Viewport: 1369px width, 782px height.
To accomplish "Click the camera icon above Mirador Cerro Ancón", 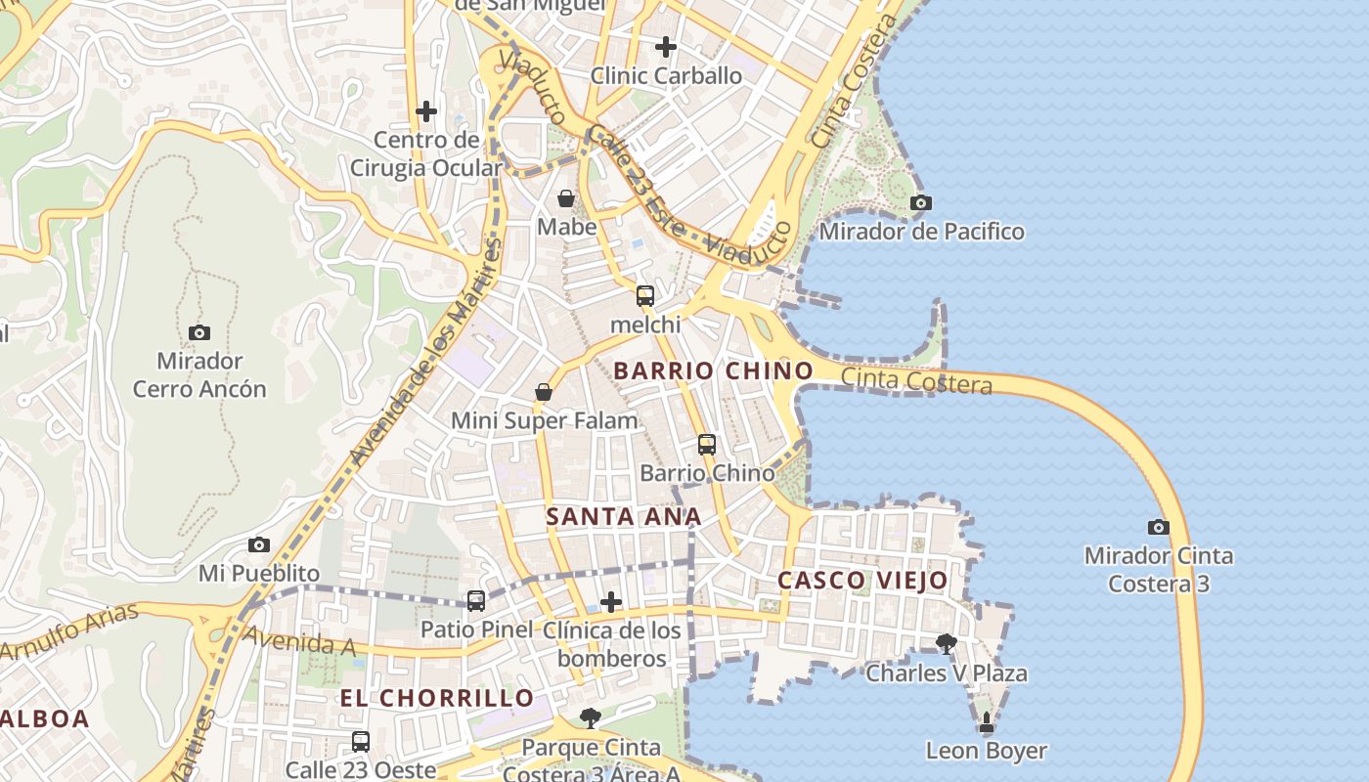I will pyautogui.click(x=199, y=333).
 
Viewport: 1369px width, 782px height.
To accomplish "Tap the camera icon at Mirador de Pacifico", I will pyautogui.click(x=920, y=203).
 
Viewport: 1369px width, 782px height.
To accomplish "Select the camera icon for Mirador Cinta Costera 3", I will pyautogui.click(x=1159, y=528).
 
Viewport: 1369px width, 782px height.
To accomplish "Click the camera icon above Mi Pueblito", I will pyautogui.click(x=259, y=545).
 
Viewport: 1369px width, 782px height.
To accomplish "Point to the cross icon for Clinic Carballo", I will pyautogui.click(x=666, y=46).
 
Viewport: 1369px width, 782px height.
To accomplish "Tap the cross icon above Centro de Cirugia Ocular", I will pyautogui.click(x=426, y=111).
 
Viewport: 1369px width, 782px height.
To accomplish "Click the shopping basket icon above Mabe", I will pyautogui.click(x=566, y=199).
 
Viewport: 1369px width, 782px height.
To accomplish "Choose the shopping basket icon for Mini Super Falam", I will pyautogui.click(x=544, y=393).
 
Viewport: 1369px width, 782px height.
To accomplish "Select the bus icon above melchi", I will pyautogui.click(x=645, y=296).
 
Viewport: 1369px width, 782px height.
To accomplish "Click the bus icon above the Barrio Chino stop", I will pyautogui.click(x=707, y=445).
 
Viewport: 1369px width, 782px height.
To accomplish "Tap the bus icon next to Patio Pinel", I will pyautogui.click(x=476, y=601).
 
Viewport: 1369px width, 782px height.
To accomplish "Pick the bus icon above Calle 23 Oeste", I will pyautogui.click(x=361, y=742).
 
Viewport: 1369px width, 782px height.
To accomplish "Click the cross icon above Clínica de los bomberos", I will pyautogui.click(x=611, y=602).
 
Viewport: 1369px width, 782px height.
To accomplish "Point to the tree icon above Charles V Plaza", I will pyautogui.click(x=946, y=643).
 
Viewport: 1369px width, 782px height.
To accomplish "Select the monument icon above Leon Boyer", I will pyautogui.click(x=987, y=723).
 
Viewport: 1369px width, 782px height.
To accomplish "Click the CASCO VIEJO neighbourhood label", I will pyautogui.click(x=862, y=580).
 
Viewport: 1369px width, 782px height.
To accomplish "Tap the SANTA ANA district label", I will pyautogui.click(x=623, y=516).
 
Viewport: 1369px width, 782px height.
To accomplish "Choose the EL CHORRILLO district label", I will pyautogui.click(x=437, y=698).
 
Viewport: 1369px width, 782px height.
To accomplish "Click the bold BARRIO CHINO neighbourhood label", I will pyautogui.click(x=713, y=370).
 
